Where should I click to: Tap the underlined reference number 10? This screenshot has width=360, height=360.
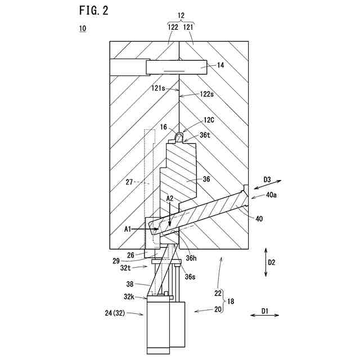[83, 28]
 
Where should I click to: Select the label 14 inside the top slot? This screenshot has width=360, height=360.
[220, 66]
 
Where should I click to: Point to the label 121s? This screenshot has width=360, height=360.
[157, 88]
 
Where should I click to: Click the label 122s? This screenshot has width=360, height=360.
[206, 95]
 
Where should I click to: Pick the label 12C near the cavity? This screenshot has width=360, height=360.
[209, 120]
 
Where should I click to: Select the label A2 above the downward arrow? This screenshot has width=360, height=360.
[170, 199]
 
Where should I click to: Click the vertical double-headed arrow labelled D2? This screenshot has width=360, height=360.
[265, 261]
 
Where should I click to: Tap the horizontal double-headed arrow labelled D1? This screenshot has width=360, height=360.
[264, 316]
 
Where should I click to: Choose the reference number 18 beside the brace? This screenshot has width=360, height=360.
[231, 301]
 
